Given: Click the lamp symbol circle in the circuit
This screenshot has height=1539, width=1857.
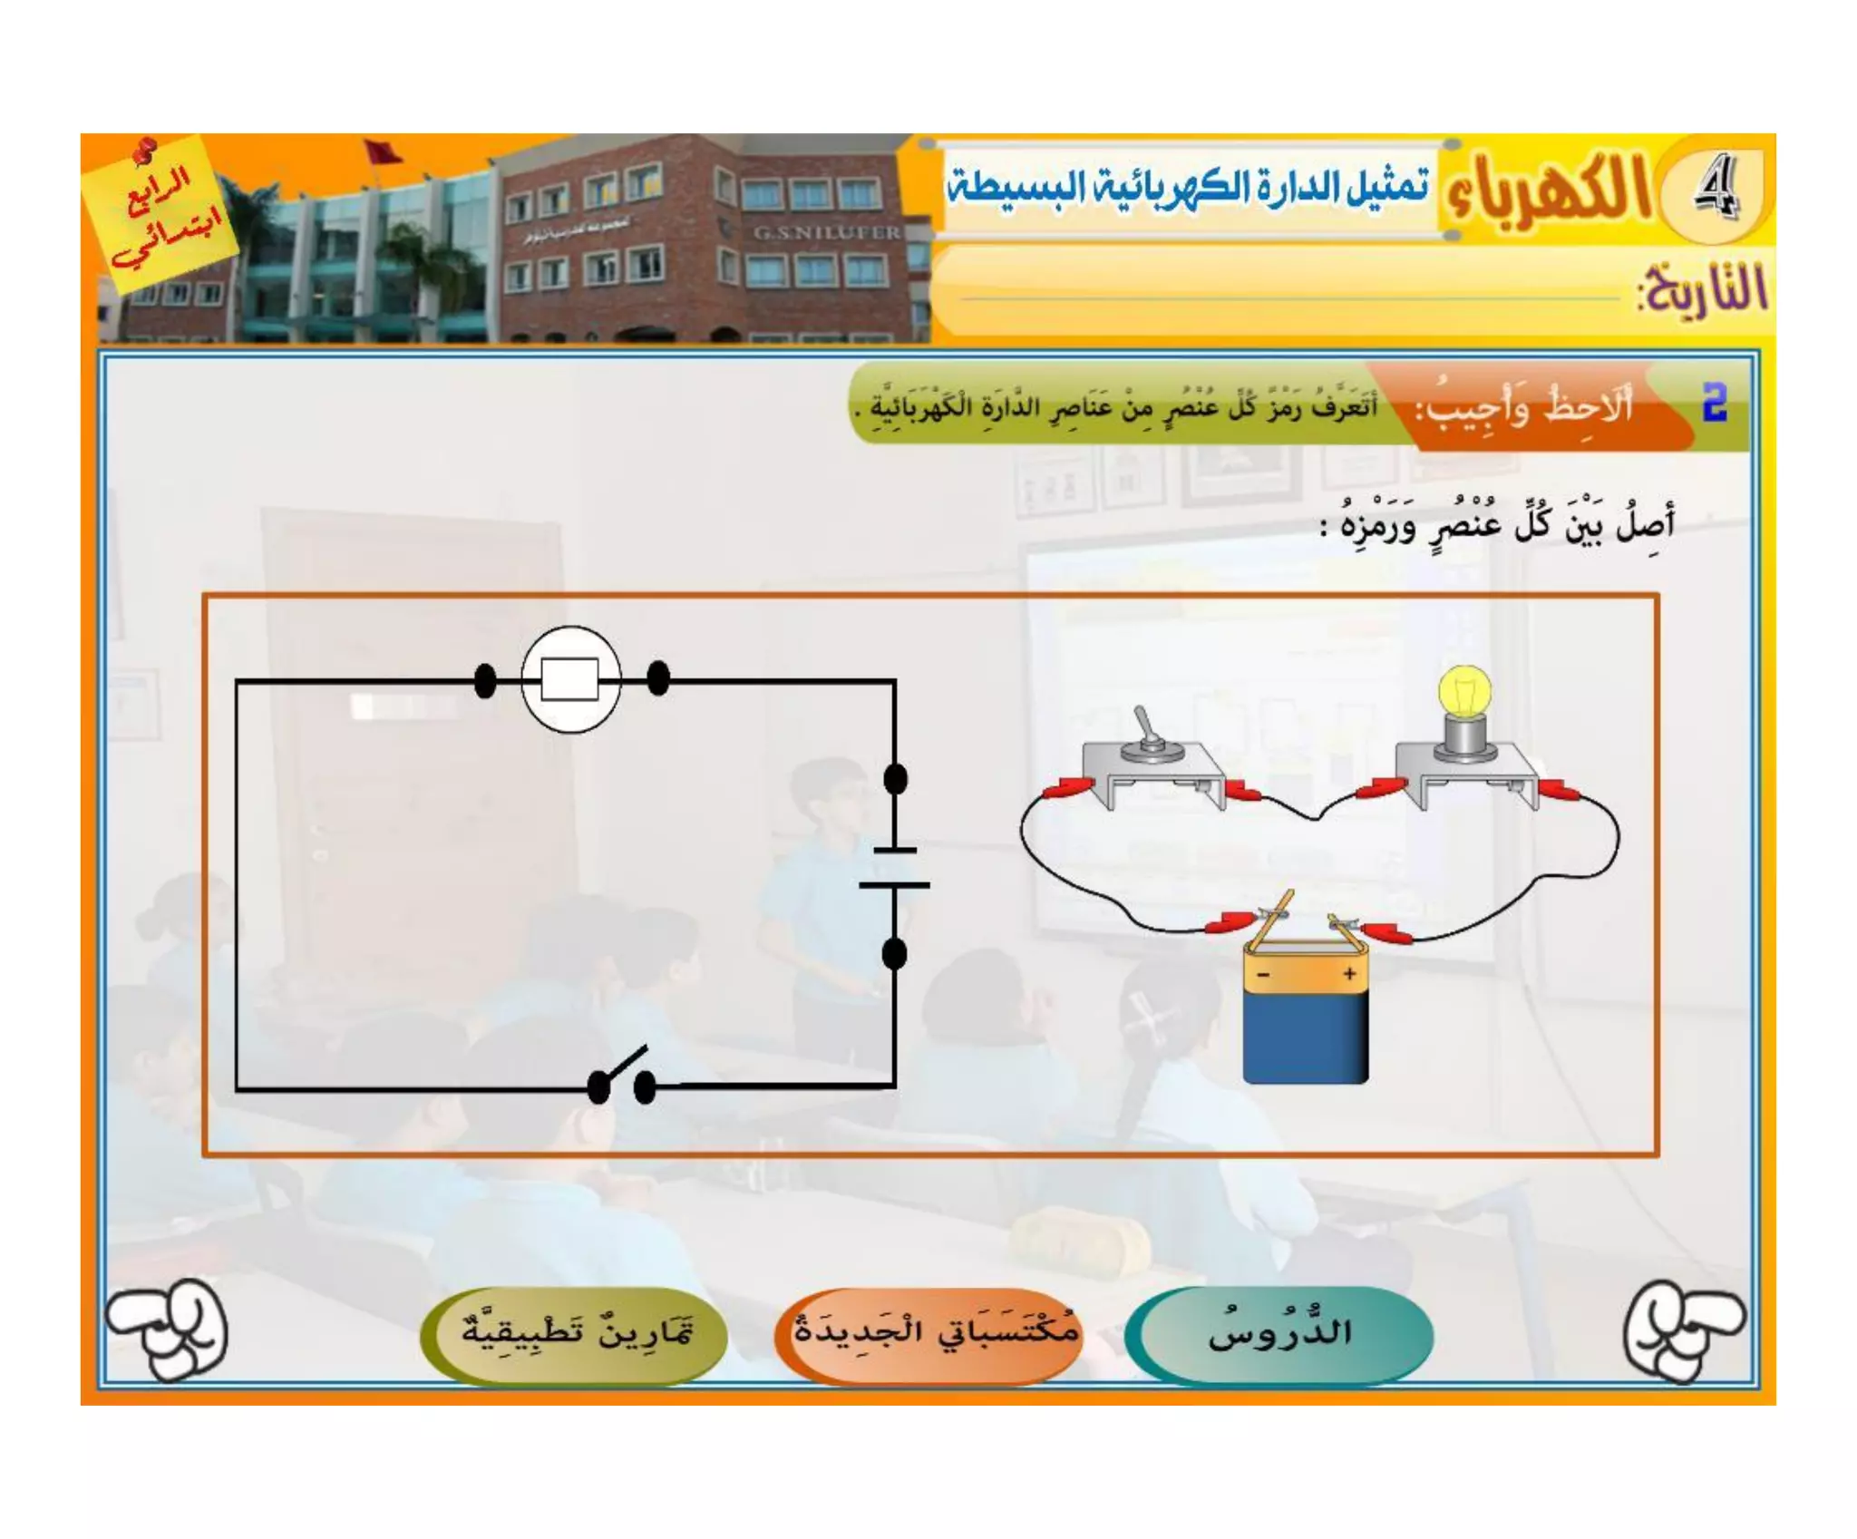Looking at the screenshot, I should [570, 678].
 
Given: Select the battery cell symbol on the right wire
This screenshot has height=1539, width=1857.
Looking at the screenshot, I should [895, 866].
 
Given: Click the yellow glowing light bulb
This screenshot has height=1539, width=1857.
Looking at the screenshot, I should [1464, 693].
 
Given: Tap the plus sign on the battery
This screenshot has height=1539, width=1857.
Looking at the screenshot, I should [1349, 973].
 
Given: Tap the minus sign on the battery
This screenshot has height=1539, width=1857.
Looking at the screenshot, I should [1263, 975].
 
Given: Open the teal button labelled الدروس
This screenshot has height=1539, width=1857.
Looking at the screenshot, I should [1279, 1334].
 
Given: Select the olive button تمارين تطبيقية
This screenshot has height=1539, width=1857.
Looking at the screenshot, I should [575, 1334].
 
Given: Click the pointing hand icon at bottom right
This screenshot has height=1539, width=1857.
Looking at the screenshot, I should [1683, 1329].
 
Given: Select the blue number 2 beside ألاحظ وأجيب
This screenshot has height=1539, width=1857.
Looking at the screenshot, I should [1714, 403].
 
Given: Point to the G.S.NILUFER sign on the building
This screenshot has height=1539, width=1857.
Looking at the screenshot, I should [826, 232].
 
